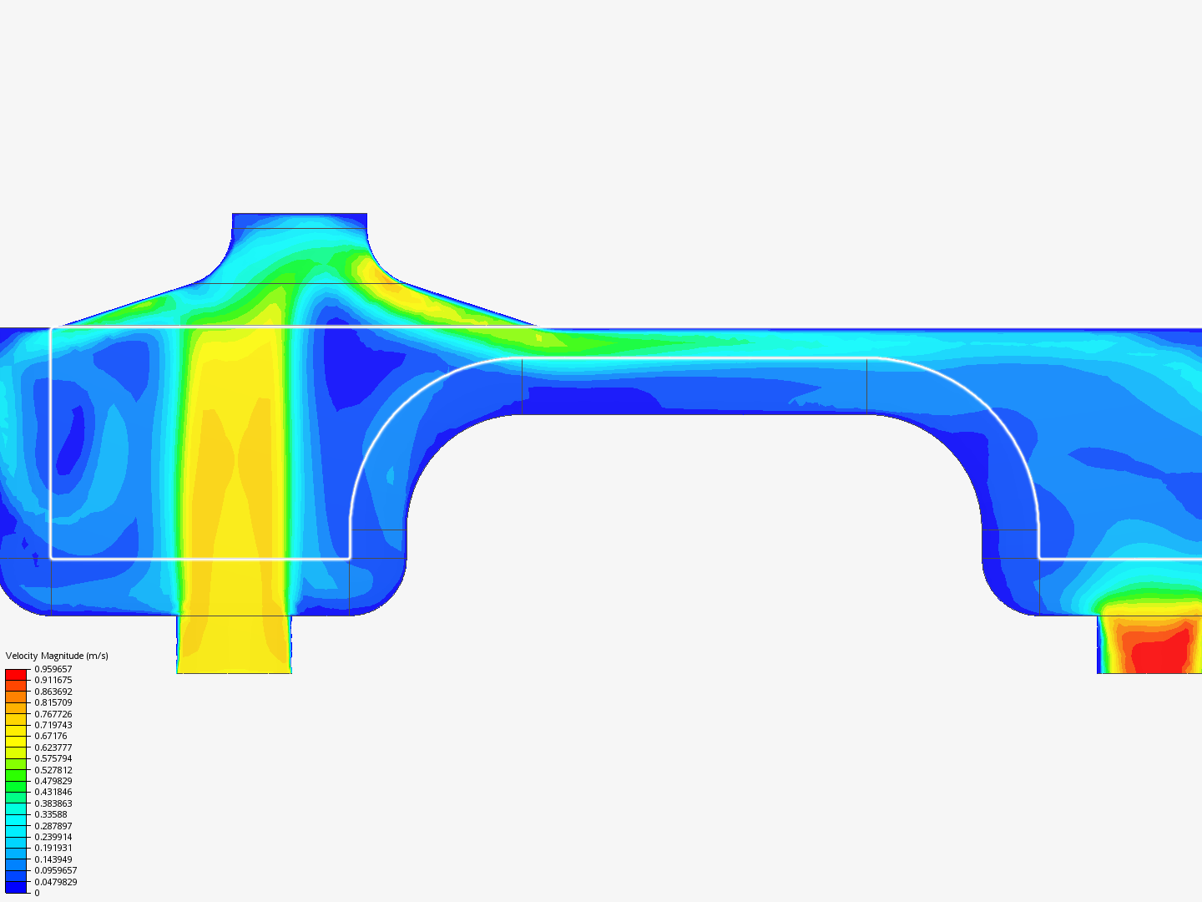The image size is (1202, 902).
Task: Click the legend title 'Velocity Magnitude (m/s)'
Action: (57, 656)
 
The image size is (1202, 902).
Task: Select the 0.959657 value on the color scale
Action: (53, 669)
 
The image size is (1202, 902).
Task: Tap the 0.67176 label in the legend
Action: (50, 736)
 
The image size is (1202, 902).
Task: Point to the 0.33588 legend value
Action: (50, 814)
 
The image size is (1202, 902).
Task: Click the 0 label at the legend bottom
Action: (37, 893)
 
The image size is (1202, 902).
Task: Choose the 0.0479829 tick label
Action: (55, 882)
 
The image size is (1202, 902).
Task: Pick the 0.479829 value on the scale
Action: (53, 781)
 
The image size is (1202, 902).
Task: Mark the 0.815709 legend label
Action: (53, 702)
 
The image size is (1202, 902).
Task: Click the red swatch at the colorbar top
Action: (16, 674)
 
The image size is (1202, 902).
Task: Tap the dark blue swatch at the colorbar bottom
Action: (16, 887)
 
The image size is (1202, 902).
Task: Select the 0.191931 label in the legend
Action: (53, 848)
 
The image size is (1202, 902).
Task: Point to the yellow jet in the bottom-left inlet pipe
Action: (234, 643)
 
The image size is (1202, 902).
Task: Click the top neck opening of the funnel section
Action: (299, 219)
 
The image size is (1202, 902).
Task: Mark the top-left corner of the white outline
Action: (52, 328)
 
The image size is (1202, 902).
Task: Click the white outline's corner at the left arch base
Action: (349, 557)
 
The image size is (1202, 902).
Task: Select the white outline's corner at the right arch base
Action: (1038, 557)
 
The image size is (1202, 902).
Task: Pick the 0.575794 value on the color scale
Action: (53, 758)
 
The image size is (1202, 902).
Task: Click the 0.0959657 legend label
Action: (55, 870)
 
